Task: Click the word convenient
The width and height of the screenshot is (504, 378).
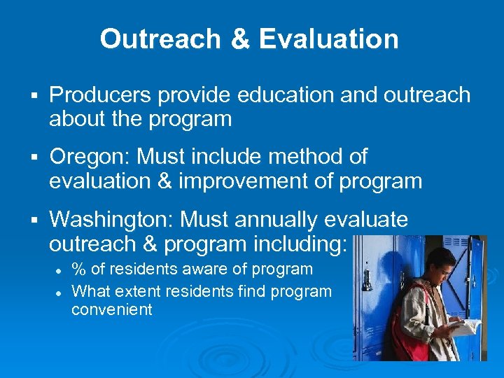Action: tap(111, 309)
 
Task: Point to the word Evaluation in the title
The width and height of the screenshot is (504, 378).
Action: tap(329, 39)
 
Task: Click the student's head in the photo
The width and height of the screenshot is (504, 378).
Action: tap(440, 260)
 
